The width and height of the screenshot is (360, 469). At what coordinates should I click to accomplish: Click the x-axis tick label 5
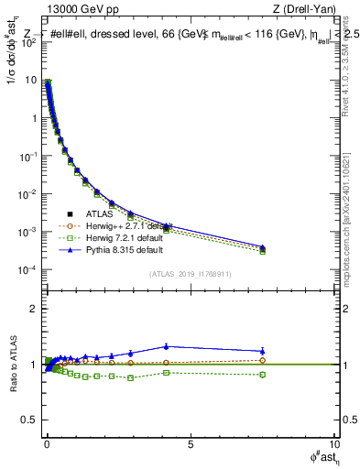pos(190,443)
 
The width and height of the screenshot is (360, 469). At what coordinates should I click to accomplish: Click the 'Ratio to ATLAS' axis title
pos(11,365)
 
